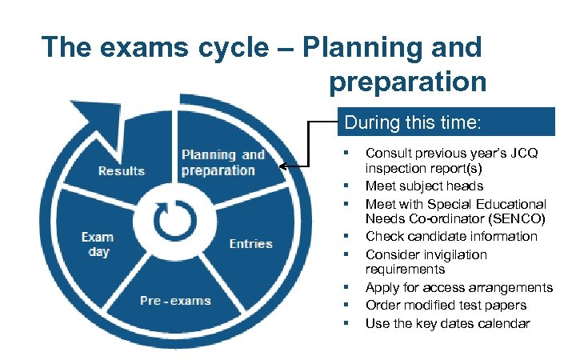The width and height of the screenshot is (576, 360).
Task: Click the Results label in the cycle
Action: (x=122, y=170)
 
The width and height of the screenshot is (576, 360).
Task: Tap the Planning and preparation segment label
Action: (x=222, y=162)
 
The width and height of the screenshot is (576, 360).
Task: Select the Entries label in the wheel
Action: (x=250, y=243)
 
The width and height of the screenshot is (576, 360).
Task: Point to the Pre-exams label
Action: (x=175, y=301)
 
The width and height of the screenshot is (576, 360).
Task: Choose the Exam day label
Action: (x=98, y=244)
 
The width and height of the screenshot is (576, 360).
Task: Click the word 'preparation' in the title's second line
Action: (x=406, y=81)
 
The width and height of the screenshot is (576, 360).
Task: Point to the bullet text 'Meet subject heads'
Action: (x=424, y=186)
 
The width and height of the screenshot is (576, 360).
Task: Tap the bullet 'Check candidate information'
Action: (x=451, y=236)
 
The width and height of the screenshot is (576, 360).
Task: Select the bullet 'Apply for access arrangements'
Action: (x=458, y=287)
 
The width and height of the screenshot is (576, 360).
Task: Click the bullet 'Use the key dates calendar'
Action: (x=447, y=322)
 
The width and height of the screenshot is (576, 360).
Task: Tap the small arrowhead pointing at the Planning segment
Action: (x=284, y=166)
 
